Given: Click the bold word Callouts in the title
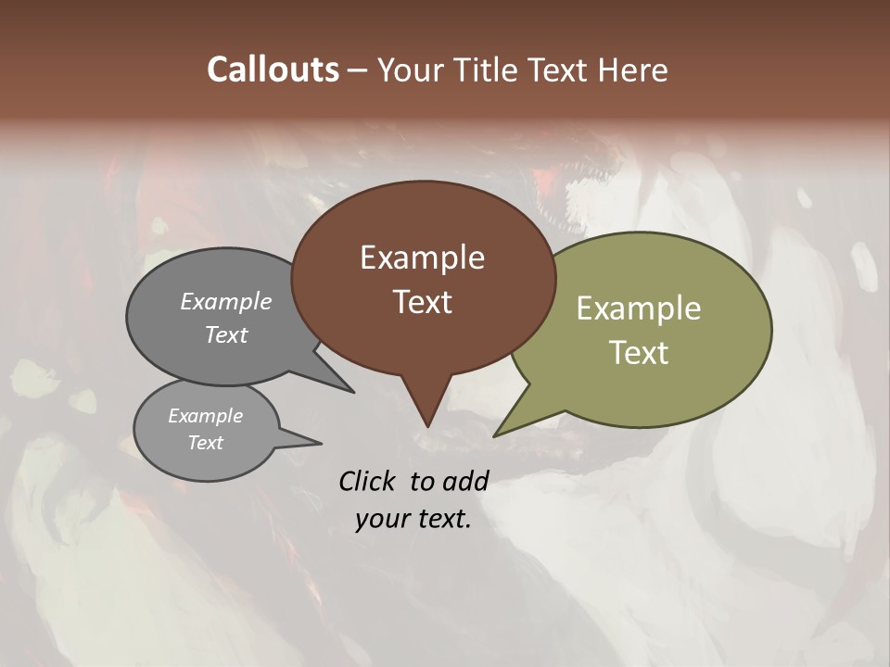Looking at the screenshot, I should click(273, 69).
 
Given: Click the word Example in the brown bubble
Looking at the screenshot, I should click(422, 258).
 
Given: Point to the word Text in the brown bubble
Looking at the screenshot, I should click(422, 302).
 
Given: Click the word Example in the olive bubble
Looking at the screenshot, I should click(639, 308).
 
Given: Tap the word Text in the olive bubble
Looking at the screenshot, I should click(639, 353).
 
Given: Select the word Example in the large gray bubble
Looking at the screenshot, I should click(226, 301).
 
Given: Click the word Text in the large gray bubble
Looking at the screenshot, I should click(226, 334).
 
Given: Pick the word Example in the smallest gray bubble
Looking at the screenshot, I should click(206, 416).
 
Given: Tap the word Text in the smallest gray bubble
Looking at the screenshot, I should click(206, 443).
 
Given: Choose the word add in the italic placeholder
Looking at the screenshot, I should click(464, 481).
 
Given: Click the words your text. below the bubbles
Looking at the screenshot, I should click(413, 519).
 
